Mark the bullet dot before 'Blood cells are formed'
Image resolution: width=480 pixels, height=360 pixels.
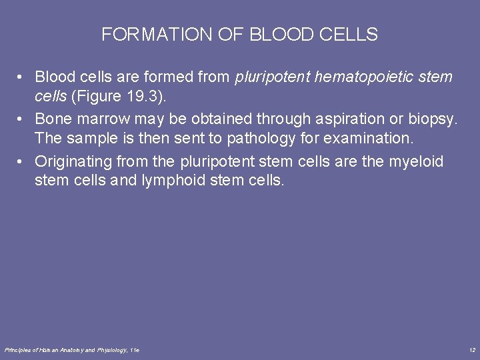point(23,77)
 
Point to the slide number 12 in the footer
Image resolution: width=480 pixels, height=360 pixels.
point(471,350)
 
